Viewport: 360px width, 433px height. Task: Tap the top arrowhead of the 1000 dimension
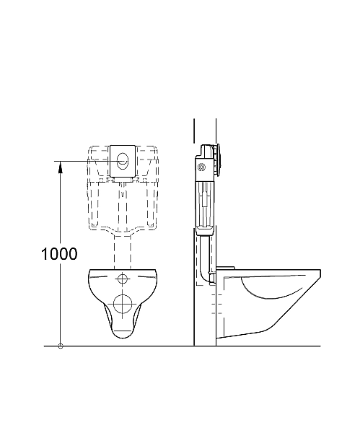pos(60,165)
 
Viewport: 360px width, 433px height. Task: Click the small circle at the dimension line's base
pos(60,346)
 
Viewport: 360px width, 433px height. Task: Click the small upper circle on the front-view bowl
pos(123,279)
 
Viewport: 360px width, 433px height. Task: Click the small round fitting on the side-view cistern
pos(201,169)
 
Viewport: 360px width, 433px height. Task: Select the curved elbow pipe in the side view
pos(210,277)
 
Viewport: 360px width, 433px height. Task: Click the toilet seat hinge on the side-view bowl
pos(225,269)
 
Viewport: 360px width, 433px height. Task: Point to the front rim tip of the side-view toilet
pos(320,271)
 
